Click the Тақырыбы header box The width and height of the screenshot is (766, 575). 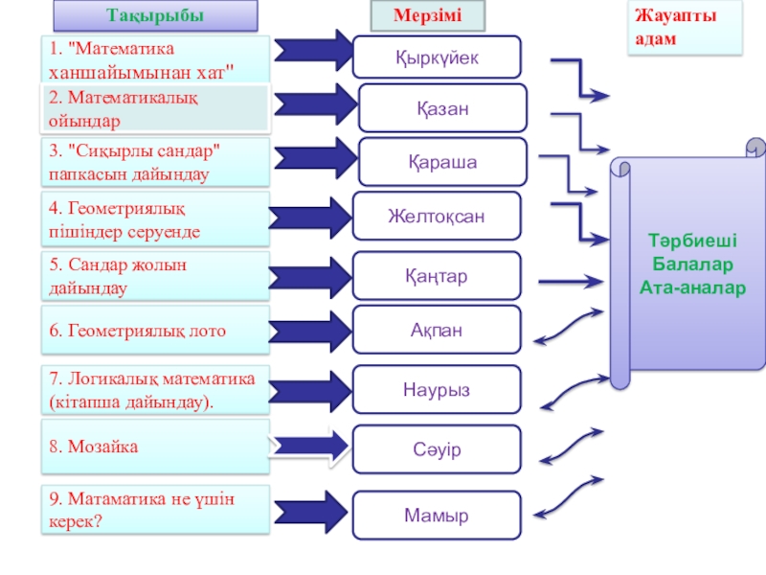[155, 15]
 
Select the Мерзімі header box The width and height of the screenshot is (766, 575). [428, 15]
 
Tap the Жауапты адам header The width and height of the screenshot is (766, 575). [685, 27]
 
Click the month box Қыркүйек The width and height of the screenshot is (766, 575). [437, 57]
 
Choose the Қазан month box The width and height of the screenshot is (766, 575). [442, 108]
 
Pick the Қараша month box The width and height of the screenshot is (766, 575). [442, 162]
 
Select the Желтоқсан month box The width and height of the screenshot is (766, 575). [437, 217]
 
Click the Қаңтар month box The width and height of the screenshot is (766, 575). [437, 276]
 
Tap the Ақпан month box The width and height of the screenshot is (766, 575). [437, 330]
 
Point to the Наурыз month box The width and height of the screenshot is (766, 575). [437, 389]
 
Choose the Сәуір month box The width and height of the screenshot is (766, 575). [437, 449]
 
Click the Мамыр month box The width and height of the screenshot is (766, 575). [437, 516]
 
